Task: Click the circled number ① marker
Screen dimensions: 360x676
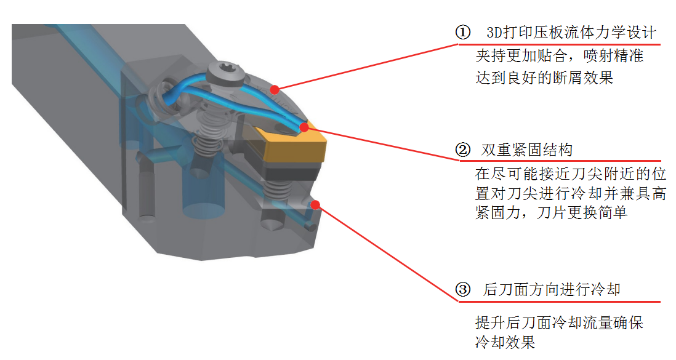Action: [x=462, y=33]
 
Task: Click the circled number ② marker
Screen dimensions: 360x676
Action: [x=462, y=150]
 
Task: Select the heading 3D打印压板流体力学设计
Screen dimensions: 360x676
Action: [x=571, y=33]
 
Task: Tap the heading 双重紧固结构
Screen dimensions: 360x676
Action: [x=526, y=150]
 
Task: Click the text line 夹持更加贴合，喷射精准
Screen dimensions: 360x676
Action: [x=559, y=56]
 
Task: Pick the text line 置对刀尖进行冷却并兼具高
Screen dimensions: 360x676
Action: [x=571, y=194]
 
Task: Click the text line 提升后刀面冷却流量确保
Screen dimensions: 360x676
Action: [x=559, y=322]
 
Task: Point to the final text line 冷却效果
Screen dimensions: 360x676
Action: [x=505, y=342]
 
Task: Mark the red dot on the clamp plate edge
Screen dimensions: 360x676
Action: [x=275, y=89]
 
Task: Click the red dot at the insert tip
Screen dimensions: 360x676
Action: [x=304, y=127]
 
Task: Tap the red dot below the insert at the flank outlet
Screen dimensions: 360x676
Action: [x=316, y=204]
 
